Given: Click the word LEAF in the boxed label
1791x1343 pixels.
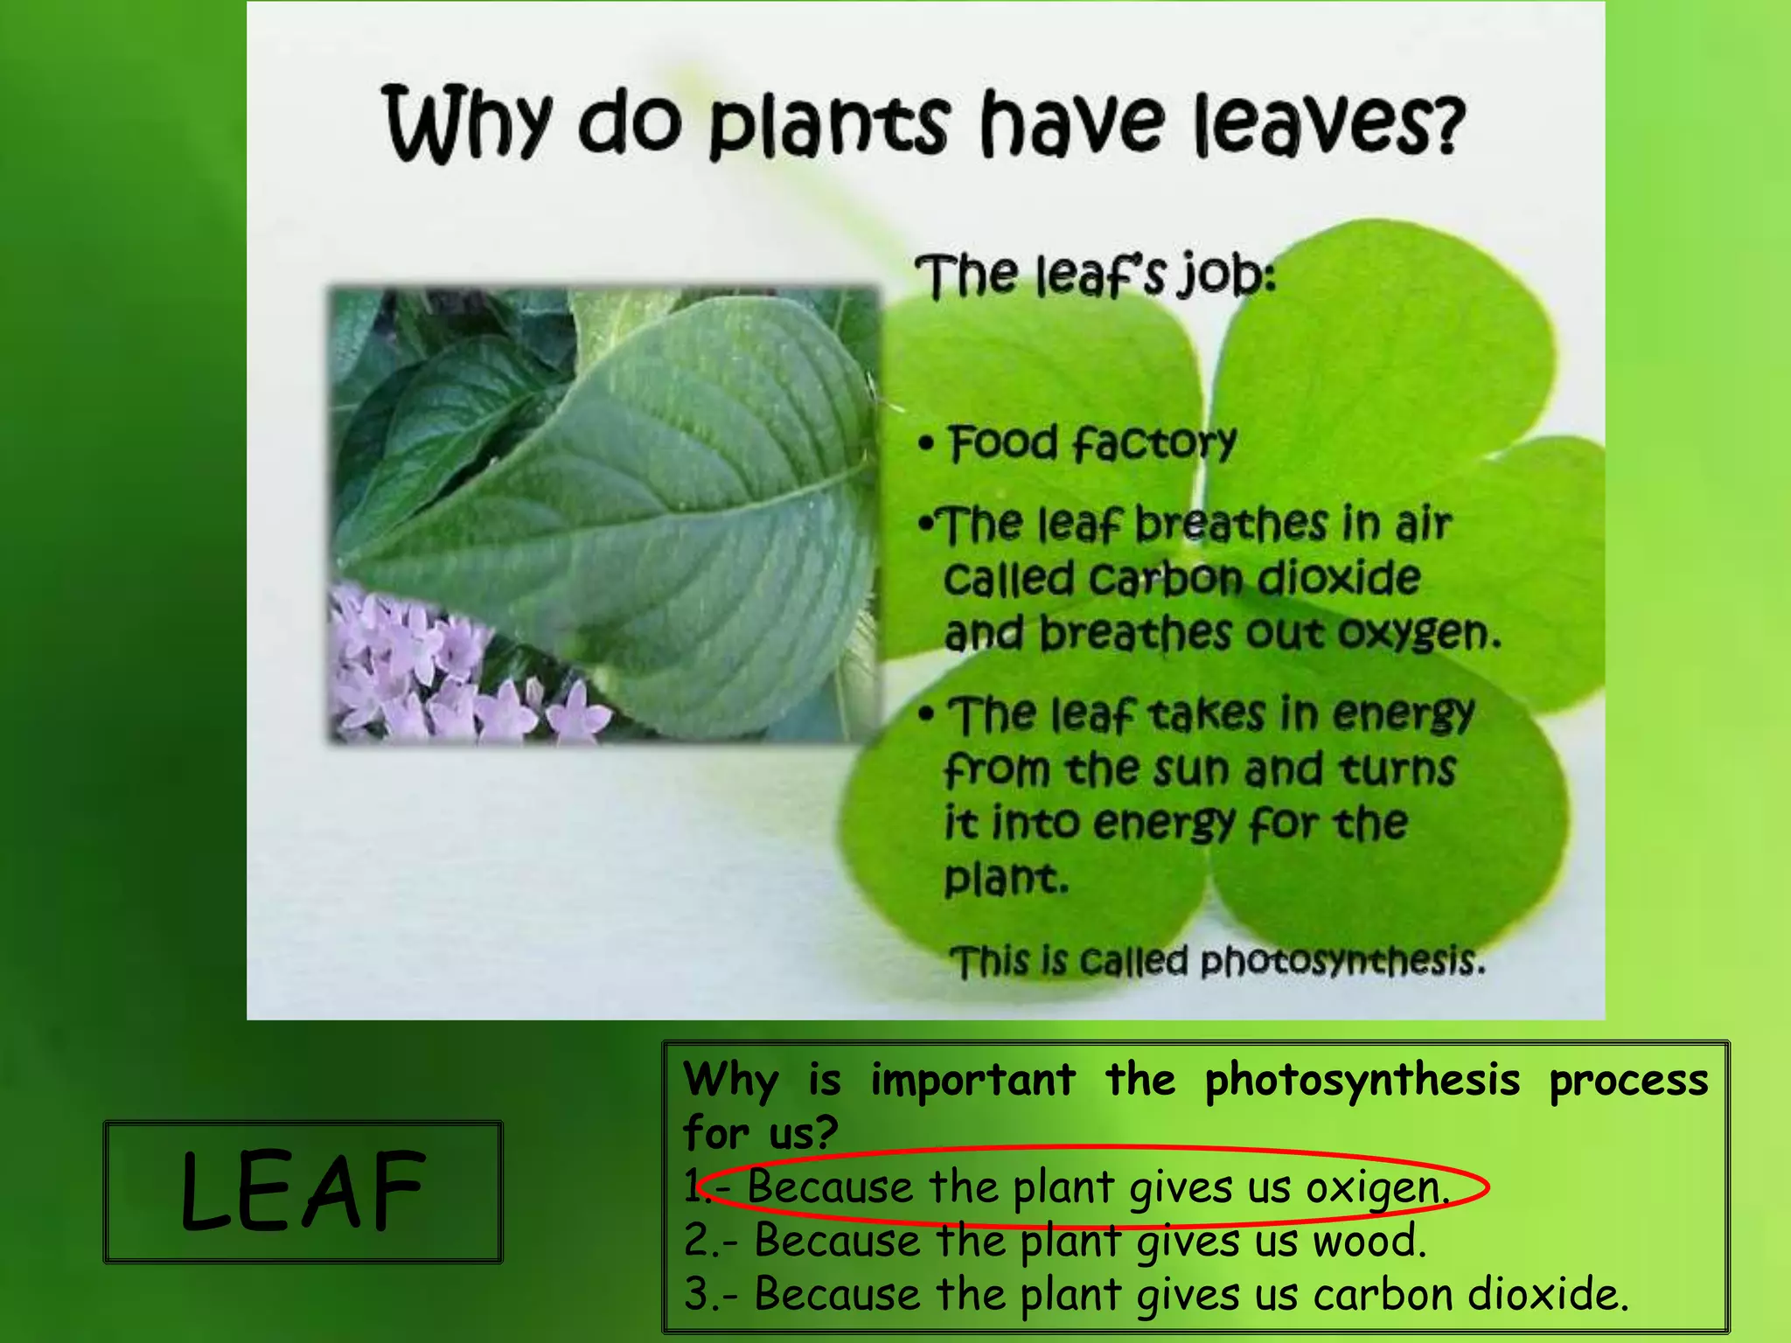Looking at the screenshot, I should click(x=303, y=1192).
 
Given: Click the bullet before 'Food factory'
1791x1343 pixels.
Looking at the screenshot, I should click(x=926, y=444).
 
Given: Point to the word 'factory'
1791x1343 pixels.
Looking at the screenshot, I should click(x=1153, y=444).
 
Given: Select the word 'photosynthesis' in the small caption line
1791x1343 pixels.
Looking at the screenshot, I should click(x=1342, y=961).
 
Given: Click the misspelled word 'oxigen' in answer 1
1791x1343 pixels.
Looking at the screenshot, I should click(x=1378, y=1188).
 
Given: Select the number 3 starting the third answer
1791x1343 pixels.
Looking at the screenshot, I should click(x=697, y=1295).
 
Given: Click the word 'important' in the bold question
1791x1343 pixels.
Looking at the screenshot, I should click(x=972, y=1081).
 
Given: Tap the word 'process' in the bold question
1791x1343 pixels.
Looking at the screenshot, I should click(x=1628, y=1081).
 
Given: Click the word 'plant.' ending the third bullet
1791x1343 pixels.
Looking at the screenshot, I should click(x=1006, y=879).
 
